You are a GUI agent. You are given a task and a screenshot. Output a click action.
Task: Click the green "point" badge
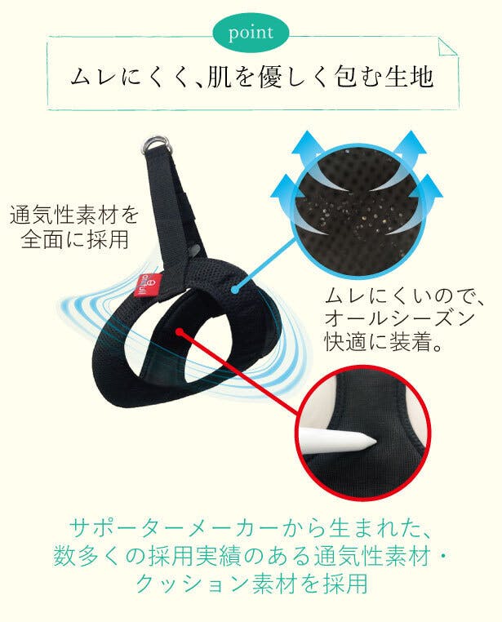pyautogui.click(x=251, y=33)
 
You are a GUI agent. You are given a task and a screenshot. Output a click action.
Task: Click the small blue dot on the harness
pyautogui.click(x=235, y=290)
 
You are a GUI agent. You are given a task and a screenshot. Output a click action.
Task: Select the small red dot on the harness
pyautogui.click(x=180, y=331)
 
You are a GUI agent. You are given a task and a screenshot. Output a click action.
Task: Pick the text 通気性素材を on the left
pyautogui.click(x=74, y=215)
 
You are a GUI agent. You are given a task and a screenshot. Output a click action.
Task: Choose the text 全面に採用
pyautogui.click(x=74, y=240)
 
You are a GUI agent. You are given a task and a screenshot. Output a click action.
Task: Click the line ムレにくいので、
pyautogui.click(x=404, y=297)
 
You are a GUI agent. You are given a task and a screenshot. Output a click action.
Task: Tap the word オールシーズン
pyautogui.click(x=399, y=319)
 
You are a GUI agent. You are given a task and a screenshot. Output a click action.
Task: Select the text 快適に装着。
pyautogui.click(x=383, y=342)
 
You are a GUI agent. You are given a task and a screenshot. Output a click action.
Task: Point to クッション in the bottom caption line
pyautogui.click(x=193, y=584)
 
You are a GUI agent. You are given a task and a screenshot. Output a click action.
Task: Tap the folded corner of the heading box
pyautogui.click(x=447, y=47)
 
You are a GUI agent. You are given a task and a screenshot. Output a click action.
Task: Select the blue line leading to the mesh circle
pyautogui.click(x=265, y=264)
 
